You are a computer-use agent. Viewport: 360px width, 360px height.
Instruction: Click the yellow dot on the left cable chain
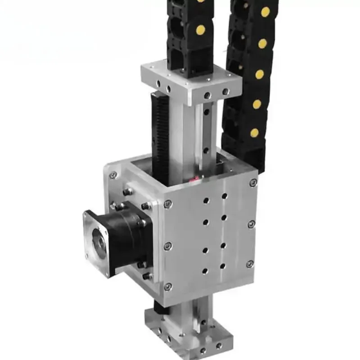click(x=200, y=30)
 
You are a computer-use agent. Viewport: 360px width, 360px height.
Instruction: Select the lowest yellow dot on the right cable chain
click(x=255, y=133)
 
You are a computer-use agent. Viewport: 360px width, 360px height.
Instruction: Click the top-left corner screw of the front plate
click(x=168, y=203)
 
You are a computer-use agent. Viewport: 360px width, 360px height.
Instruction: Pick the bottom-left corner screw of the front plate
click(x=168, y=286)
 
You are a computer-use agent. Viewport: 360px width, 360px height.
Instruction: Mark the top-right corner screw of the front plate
click(x=253, y=183)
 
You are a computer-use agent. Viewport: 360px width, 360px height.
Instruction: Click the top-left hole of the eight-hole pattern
click(x=207, y=201)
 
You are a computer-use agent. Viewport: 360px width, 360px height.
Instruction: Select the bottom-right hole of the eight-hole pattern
click(x=222, y=266)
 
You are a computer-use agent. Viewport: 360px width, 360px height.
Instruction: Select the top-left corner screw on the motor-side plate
click(x=113, y=175)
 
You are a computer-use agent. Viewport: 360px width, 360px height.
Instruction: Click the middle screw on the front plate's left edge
click(x=168, y=246)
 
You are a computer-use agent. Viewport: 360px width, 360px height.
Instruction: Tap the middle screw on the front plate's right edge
click(x=251, y=224)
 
